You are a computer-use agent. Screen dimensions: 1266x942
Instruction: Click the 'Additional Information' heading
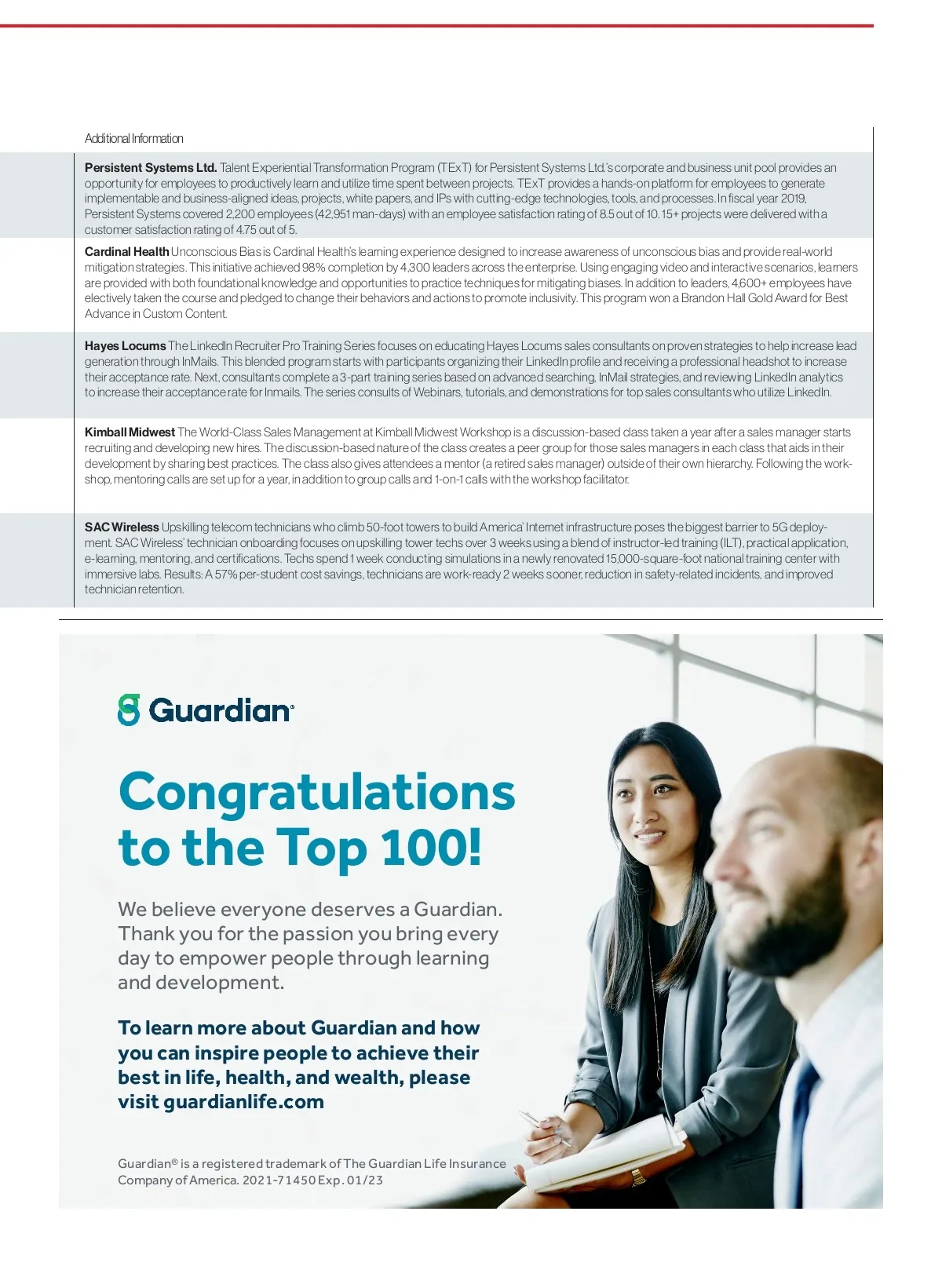click(x=133, y=139)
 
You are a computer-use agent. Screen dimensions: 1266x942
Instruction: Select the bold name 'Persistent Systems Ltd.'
click(x=150, y=168)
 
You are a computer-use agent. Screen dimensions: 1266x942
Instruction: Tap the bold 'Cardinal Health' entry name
click(x=126, y=252)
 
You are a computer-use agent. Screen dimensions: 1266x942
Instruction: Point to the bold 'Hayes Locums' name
click(x=125, y=346)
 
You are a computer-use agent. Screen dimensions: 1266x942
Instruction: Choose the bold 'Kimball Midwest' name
click(x=130, y=432)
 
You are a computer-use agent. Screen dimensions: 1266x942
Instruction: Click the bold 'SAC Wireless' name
click(x=122, y=527)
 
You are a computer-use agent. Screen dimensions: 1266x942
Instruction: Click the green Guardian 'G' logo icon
click(x=129, y=710)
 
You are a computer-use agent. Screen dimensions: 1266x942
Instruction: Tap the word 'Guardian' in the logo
click(x=221, y=710)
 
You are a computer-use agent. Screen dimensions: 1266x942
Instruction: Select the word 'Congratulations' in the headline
click(x=316, y=792)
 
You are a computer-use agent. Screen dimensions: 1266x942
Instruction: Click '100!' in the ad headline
click(x=431, y=848)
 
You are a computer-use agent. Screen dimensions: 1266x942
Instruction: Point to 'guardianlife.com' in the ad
click(x=243, y=1102)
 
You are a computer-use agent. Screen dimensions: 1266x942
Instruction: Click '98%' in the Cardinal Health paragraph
click(x=314, y=268)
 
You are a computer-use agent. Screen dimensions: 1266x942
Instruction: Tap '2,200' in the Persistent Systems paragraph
click(x=239, y=214)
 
